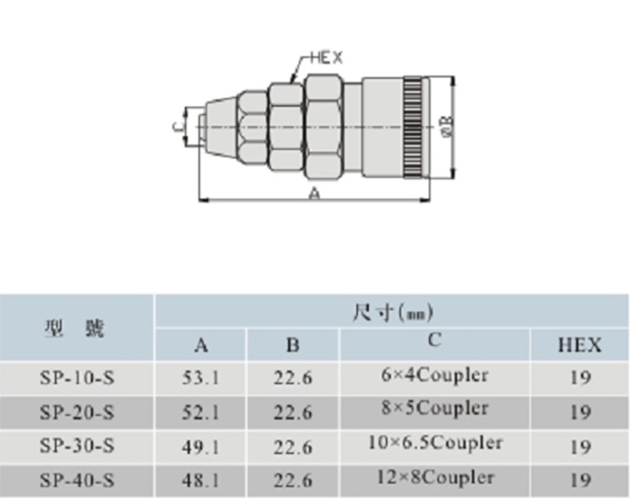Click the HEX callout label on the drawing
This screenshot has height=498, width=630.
327,58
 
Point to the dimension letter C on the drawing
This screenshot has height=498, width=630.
178,126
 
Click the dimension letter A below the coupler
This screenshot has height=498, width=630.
316,194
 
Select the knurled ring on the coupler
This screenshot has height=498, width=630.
413,127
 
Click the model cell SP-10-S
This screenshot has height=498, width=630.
77,377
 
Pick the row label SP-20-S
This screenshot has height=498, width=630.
77,413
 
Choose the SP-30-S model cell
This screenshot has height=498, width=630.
77,446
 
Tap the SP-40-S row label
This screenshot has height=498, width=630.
77,480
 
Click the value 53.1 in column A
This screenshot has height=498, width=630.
200,377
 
